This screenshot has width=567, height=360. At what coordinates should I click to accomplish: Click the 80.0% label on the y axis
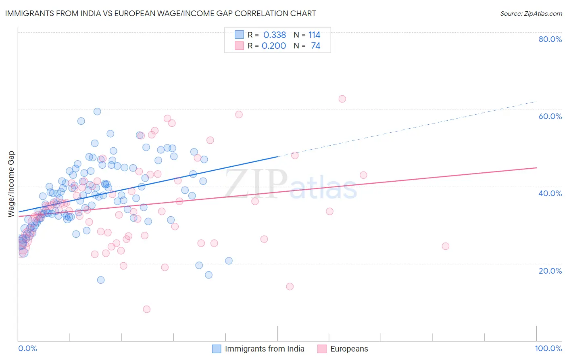[550, 39]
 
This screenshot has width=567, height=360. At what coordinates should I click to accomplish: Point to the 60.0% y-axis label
[550, 116]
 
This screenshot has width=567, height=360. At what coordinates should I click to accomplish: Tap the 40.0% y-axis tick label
[550, 193]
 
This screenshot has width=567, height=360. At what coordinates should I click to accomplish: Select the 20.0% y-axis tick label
[550, 270]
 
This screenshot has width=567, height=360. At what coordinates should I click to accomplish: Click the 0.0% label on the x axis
[28, 348]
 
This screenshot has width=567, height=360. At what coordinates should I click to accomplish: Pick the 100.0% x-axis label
[548, 348]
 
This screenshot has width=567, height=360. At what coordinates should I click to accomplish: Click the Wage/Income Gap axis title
[11, 184]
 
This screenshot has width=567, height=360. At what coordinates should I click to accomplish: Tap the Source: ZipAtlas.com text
[531, 13]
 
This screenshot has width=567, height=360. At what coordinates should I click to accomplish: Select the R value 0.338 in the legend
[274, 35]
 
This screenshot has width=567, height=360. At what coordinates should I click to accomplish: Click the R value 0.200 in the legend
[274, 46]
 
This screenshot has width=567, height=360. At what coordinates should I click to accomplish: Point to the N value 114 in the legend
[314, 35]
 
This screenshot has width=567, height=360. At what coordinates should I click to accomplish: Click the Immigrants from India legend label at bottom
[265, 349]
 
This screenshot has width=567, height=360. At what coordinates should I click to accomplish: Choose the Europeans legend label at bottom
[349, 349]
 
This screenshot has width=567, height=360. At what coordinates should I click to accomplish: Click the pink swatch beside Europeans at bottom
[322, 349]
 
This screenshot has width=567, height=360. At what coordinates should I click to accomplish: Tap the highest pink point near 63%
[342, 99]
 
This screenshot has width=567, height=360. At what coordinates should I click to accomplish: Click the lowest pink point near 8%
[147, 309]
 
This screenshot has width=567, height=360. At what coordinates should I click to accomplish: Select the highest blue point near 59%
[97, 111]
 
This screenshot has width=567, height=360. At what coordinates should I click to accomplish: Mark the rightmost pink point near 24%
[445, 246]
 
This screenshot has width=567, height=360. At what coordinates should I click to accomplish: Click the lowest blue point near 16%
[101, 280]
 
